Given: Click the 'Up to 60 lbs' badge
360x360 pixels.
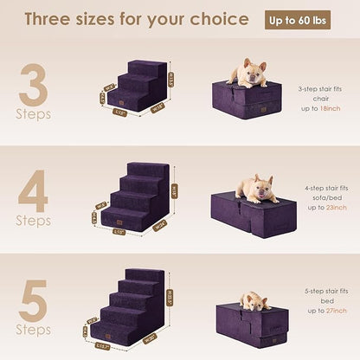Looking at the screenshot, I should coord(307,19).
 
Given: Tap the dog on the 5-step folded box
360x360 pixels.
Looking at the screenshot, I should coord(255,300).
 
